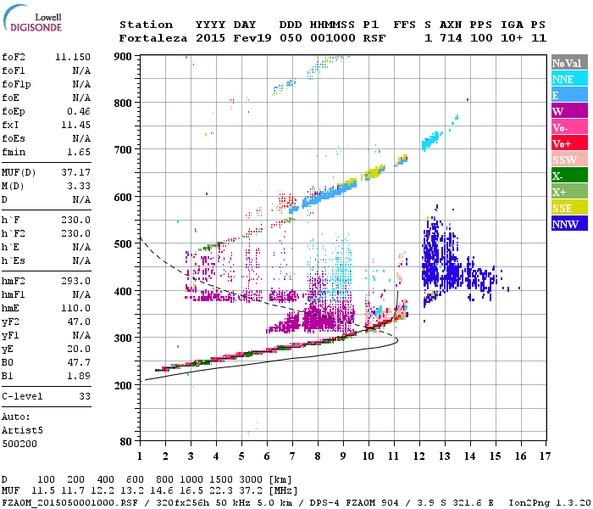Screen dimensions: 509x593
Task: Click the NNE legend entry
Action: click(x=568, y=79)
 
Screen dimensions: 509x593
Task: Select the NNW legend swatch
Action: click(x=568, y=224)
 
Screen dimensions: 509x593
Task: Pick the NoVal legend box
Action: click(x=568, y=63)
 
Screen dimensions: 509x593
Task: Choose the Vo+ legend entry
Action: click(x=568, y=143)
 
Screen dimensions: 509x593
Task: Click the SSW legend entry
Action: click(x=568, y=159)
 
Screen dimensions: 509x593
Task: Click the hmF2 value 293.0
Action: click(x=75, y=281)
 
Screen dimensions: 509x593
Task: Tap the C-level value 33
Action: click(x=84, y=396)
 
